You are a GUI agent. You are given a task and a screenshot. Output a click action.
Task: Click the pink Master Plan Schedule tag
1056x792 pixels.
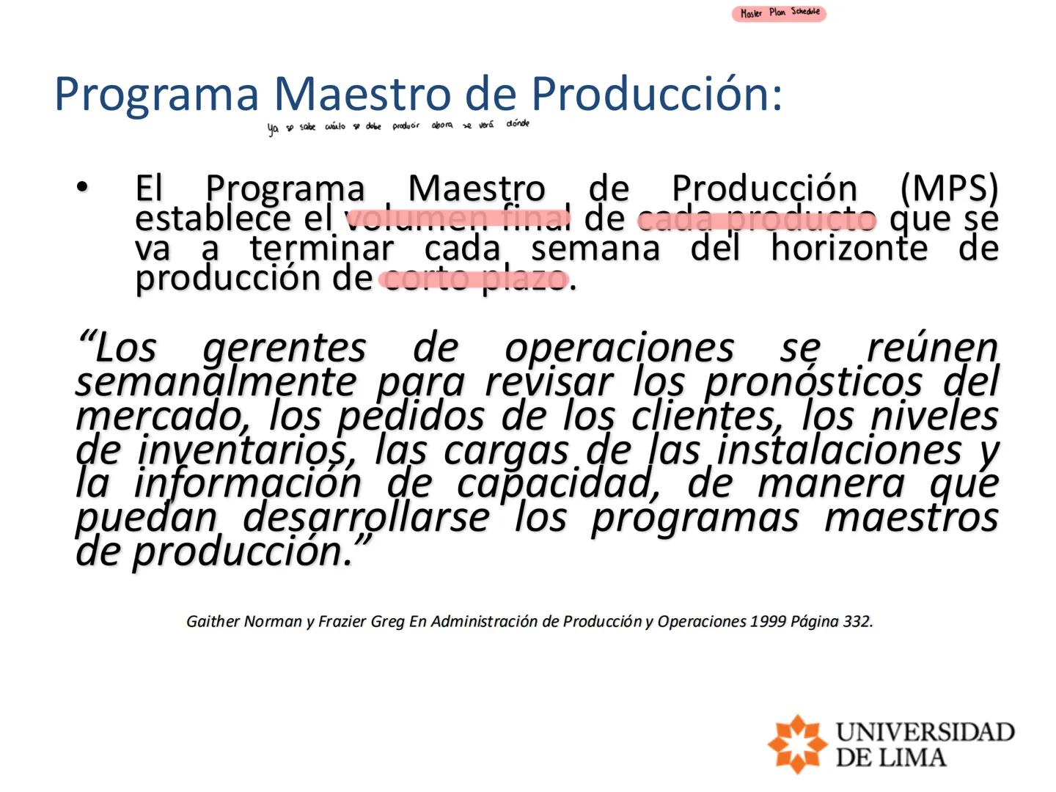[779, 13]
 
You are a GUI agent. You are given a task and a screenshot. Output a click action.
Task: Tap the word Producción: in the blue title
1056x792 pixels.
[656, 94]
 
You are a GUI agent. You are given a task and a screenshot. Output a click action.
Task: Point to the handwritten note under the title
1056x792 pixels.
[398, 126]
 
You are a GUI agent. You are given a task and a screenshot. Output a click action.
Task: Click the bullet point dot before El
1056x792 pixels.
[82, 188]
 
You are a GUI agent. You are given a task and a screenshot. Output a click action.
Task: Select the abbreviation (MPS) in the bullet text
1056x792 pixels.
[948, 188]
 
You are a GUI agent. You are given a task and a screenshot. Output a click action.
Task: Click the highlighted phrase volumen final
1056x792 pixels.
[458, 218]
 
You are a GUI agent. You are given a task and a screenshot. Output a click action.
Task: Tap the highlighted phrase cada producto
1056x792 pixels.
[756, 219]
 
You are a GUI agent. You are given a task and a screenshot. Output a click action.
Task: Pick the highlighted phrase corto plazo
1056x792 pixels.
[474, 279]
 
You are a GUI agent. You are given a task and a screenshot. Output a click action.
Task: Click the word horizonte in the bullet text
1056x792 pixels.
[848, 248]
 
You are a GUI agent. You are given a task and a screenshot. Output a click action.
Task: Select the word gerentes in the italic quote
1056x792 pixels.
[284, 348]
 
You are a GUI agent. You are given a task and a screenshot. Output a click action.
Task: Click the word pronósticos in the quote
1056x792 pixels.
[813, 381]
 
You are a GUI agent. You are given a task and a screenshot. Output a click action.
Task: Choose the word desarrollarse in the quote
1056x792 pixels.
[366, 518]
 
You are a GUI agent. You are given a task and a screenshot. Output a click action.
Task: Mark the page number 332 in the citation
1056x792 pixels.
[857, 622]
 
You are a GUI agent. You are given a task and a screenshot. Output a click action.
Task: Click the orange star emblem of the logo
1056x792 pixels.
[797, 744]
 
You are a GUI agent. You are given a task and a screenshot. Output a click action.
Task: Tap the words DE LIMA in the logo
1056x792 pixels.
[890, 757]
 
